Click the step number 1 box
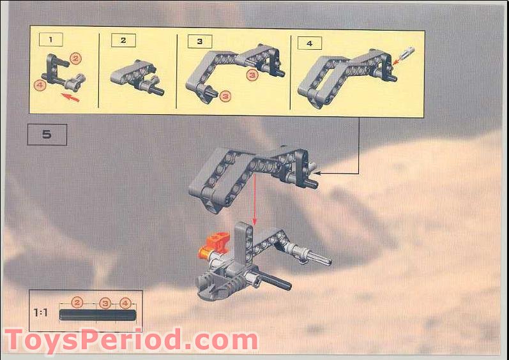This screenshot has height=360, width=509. [x=51, y=40]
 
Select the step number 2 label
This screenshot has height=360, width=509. [x=123, y=40]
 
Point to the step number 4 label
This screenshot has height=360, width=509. [x=309, y=43]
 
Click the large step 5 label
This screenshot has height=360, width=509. [x=47, y=135]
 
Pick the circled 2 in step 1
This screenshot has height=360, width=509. [x=75, y=59]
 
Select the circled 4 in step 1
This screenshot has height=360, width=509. [x=40, y=84]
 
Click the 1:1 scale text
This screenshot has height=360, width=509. [x=42, y=313]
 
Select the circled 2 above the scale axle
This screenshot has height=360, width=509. [x=77, y=303]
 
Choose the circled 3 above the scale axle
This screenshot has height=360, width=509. [x=105, y=303]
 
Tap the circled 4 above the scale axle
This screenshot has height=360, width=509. [x=125, y=303]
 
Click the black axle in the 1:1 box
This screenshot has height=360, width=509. [x=97, y=315]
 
